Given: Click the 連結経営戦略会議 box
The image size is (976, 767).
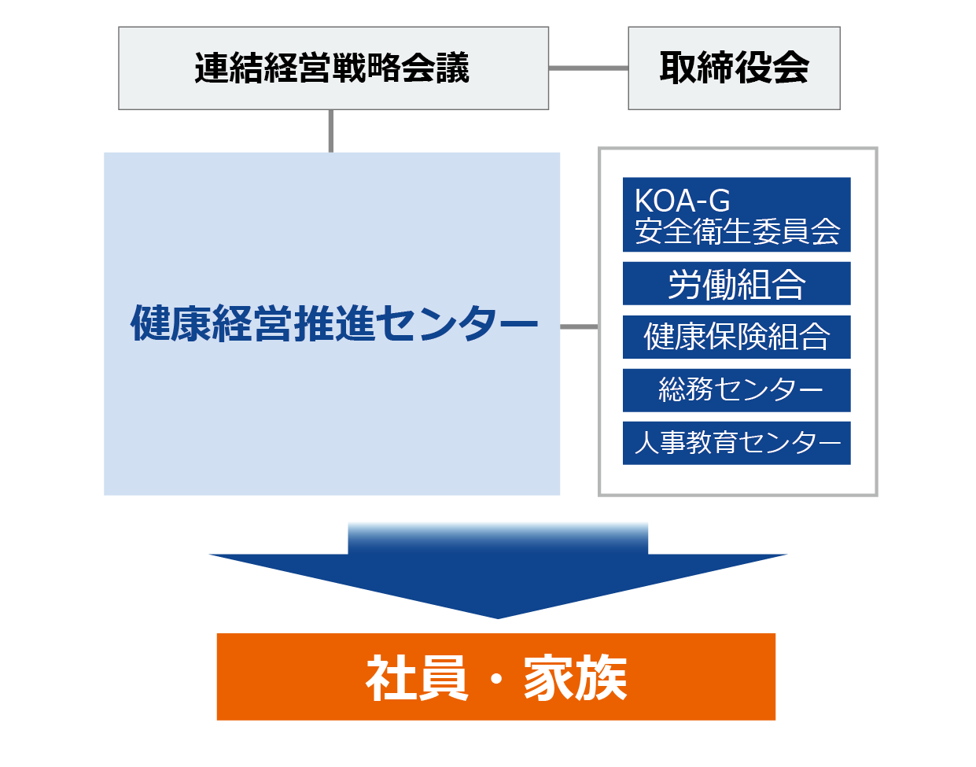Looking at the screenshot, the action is click(333, 68).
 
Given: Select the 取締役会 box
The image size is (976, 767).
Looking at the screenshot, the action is click(734, 68).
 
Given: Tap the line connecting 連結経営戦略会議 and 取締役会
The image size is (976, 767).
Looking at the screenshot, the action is click(588, 68).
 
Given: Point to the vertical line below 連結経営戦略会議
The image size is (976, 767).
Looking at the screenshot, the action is click(331, 131).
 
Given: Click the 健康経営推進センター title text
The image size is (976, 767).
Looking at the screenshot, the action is click(333, 323).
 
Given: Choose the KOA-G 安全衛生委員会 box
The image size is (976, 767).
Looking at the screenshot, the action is click(737, 215).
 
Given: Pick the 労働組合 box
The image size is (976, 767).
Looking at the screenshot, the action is click(737, 283).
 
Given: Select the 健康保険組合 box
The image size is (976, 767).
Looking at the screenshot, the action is click(737, 337).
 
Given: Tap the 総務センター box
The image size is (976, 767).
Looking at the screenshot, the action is click(737, 390).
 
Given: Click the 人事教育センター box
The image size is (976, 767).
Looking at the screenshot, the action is click(737, 443).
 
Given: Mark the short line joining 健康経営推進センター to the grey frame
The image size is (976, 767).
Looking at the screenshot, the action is click(579, 326).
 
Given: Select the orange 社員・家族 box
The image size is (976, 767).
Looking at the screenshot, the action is click(496, 677).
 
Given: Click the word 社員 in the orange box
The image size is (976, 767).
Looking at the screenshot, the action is click(418, 677).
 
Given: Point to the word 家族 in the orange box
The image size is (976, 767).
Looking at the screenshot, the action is click(576, 677).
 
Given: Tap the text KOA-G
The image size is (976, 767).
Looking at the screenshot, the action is click(682, 201).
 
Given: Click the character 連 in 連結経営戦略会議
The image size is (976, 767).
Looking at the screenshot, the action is click(212, 68).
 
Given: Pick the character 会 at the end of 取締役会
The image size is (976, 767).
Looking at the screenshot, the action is click(791, 68).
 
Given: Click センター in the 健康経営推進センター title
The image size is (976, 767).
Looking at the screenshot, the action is click(456, 323).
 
